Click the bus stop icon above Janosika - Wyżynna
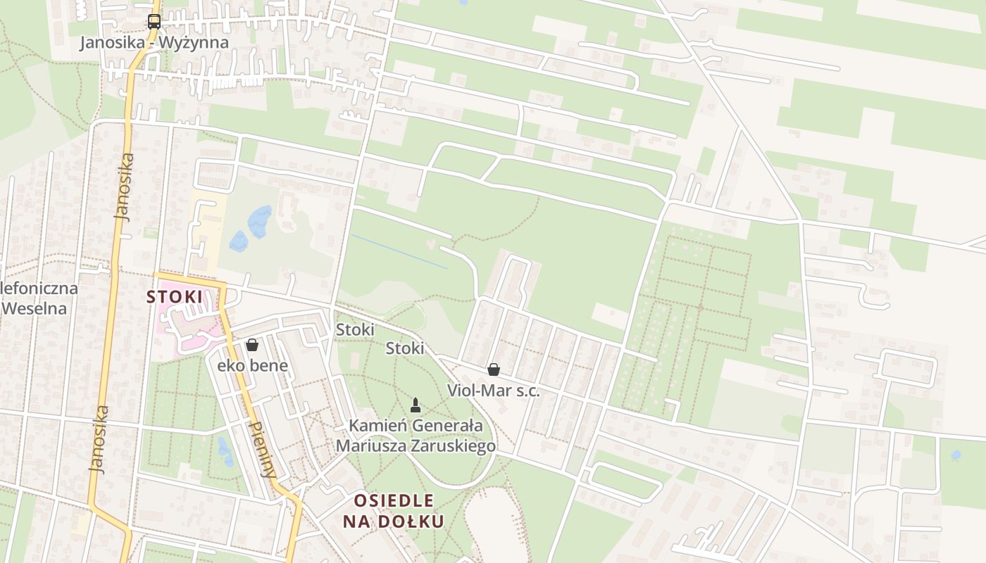tap(154, 21)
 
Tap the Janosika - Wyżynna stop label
tap(154, 42)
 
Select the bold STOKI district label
tap(174, 297)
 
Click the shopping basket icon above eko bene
tap(252, 345)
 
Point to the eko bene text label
tap(252, 365)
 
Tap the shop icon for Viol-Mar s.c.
tap(494, 369)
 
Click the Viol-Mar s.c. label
tap(494, 391)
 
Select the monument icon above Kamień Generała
tap(416, 405)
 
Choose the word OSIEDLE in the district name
tap(394, 501)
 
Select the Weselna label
tap(34, 308)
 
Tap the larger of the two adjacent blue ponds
tap(259, 221)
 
